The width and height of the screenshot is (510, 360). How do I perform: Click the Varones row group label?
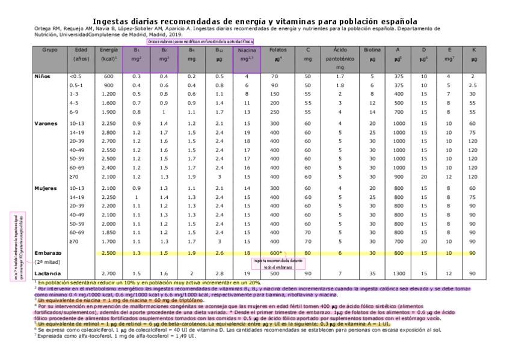point(46,123)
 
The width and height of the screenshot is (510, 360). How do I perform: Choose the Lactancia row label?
point(48,273)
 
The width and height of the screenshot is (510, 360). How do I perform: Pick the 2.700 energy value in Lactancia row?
point(108,273)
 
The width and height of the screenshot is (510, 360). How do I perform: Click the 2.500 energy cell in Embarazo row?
point(108,253)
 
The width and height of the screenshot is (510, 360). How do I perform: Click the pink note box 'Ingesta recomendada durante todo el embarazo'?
point(277,263)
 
